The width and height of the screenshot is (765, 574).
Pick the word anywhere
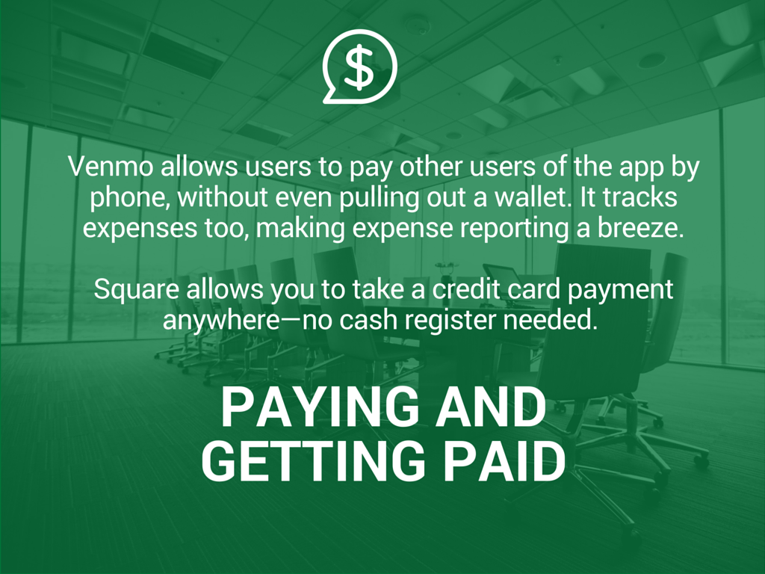tap(221, 321)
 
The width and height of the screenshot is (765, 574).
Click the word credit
tap(466, 289)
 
